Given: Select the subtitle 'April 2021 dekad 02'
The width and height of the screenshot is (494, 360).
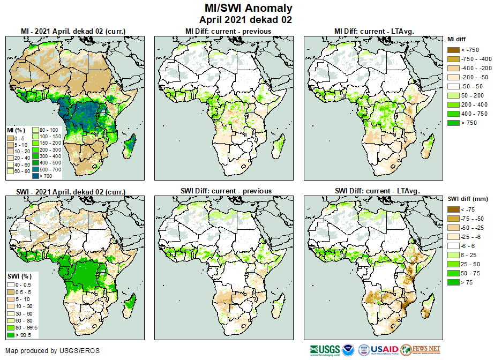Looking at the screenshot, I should (x=246, y=20).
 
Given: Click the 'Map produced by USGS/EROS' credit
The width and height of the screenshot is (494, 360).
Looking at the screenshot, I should (x=53, y=351).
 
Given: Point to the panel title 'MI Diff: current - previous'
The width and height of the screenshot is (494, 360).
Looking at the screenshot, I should (x=228, y=31).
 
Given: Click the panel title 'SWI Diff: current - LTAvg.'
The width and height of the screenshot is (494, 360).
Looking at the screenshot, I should (x=377, y=191).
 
